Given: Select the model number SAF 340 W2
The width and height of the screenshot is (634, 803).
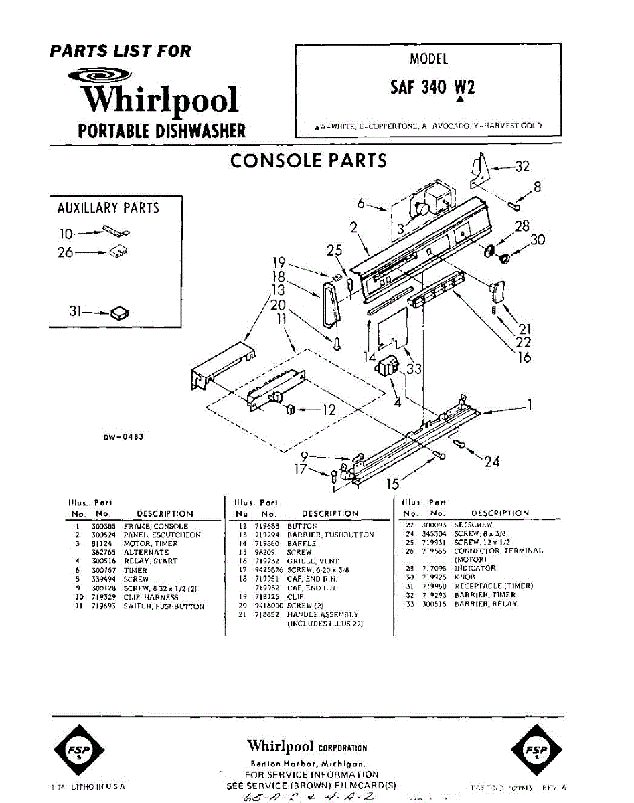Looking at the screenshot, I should point(432,88).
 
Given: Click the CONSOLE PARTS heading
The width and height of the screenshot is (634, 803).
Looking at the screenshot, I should point(308,161).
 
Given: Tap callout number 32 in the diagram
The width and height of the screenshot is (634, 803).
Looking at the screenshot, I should point(522,167).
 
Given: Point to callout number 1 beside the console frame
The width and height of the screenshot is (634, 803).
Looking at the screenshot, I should point(530,406).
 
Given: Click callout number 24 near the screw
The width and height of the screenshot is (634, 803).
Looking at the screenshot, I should point(492,462).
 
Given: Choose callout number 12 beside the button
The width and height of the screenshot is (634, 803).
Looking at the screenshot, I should point(328,410).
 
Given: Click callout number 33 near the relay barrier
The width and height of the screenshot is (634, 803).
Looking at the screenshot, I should point(414,369).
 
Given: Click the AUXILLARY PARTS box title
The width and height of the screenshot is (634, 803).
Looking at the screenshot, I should point(108,208).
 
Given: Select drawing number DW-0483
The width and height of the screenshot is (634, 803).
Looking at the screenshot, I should point(123,437).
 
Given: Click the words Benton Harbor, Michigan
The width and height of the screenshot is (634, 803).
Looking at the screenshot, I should point(307,764).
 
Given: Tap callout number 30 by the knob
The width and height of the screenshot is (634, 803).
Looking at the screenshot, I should point(538,240).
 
